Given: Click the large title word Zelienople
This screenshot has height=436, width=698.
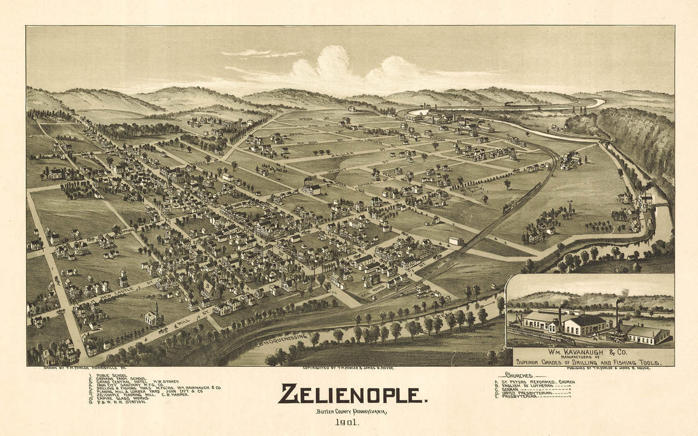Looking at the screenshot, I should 352,393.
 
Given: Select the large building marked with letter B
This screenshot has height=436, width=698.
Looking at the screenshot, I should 208,288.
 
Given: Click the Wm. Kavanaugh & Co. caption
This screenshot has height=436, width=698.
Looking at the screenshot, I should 593,354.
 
